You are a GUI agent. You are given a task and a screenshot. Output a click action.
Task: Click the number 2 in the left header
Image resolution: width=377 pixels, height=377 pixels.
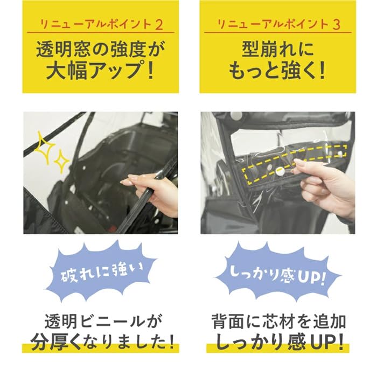159,25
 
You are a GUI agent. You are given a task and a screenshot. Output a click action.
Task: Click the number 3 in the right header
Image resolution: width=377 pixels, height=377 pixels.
337,25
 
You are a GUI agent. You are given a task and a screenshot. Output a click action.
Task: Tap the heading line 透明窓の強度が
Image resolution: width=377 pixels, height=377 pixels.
101,50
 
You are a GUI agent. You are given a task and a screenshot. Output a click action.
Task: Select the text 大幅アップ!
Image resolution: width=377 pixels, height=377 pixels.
100,71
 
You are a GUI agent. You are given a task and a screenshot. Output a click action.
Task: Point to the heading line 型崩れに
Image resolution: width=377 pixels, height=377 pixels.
278,50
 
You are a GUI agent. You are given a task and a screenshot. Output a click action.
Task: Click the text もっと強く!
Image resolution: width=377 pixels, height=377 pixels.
277,71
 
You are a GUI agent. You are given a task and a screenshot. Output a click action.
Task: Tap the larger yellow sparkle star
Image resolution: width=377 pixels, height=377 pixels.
45,148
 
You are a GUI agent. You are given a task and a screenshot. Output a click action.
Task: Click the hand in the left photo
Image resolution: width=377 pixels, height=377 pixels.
151,192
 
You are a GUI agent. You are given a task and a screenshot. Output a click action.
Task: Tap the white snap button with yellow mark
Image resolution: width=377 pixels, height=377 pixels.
280,171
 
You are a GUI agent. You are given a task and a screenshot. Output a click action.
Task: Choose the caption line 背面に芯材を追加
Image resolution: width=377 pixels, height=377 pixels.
278,322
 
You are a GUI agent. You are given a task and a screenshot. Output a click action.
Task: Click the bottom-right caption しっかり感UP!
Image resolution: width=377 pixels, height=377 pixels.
279,342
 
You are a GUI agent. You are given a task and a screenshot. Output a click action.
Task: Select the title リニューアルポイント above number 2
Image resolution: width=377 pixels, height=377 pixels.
96,25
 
